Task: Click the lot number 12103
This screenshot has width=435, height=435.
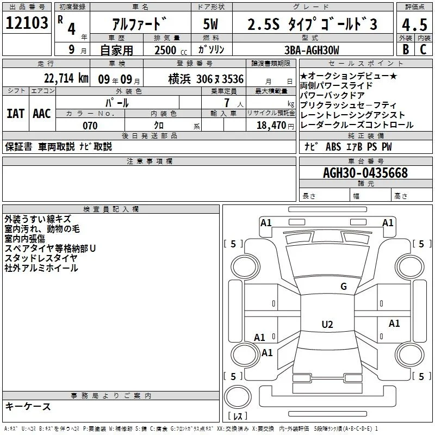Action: point(27,23)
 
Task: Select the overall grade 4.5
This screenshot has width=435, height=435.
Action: point(414,24)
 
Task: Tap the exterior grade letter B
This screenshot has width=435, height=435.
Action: point(406,49)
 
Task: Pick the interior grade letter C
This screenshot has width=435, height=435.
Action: point(423,49)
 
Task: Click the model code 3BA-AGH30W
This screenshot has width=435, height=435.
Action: point(312,50)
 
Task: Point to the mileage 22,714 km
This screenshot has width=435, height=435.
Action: point(66,78)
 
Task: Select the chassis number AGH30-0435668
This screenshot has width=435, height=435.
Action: point(365,173)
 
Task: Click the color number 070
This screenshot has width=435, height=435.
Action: point(90,126)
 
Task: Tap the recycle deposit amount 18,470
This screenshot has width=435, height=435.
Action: point(271,126)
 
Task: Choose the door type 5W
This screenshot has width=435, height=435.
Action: point(210,24)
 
